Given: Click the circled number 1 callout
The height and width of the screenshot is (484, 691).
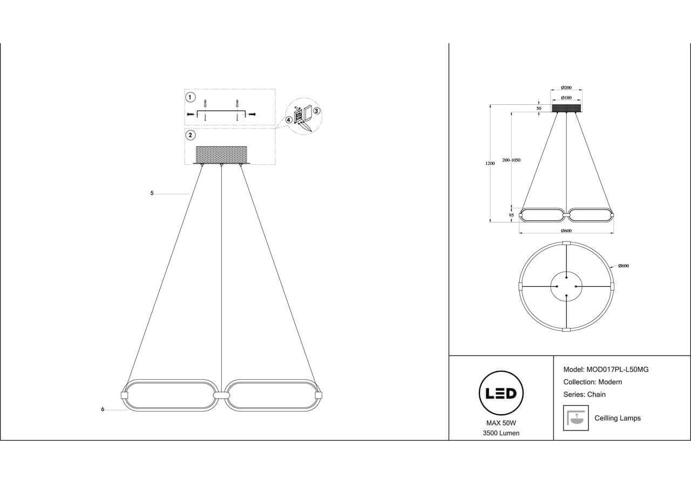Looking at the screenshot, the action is (190, 98).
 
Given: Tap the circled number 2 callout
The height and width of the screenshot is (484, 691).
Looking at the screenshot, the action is (190, 135).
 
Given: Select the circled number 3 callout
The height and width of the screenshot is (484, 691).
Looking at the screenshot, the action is (316, 111).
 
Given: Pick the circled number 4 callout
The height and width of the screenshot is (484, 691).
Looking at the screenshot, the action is (289, 120).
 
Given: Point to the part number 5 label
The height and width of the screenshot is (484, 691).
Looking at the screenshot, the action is (152, 193).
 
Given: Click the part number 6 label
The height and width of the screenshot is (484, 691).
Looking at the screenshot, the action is (103, 409).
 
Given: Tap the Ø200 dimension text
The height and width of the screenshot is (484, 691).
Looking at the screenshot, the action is (566, 88).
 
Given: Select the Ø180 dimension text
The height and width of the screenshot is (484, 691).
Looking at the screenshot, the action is (566, 98).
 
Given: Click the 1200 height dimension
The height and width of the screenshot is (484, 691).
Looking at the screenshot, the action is (490, 164).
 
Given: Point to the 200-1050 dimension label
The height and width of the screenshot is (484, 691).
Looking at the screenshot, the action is (511, 160).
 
